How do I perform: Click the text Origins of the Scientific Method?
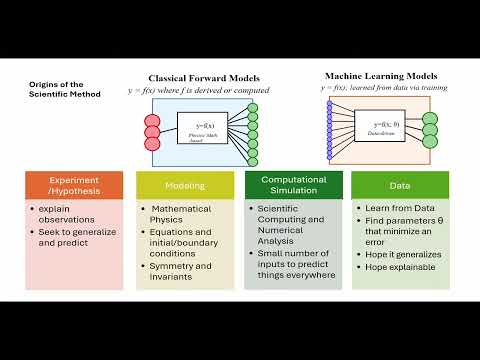pyautogui.click(x=55, y=90)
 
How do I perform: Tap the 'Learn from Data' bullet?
pyautogui.click(x=398, y=208)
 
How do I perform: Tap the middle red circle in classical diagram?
pyautogui.click(x=153, y=130)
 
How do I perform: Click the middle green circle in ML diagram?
pyautogui.click(x=431, y=129)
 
